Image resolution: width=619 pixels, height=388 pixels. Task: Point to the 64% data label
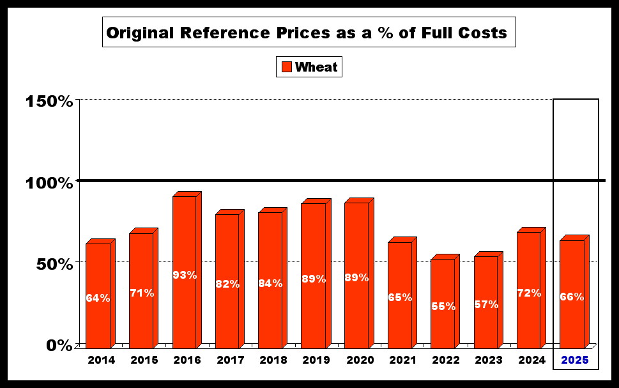coord(98,298)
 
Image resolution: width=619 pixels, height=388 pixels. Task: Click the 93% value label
coord(184,275)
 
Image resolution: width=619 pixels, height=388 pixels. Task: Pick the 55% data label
coord(443,306)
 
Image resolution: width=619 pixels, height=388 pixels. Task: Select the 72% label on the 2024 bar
coord(529,293)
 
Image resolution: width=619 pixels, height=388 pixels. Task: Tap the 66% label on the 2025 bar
coord(572,297)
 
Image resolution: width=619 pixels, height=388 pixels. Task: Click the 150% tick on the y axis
coord(49,101)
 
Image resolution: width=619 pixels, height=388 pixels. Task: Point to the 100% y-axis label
coord(49,183)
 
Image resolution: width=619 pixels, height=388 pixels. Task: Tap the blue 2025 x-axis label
coord(574,360)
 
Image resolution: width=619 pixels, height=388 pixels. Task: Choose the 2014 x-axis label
coord(101,360)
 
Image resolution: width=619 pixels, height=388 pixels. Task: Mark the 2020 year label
coord(360,360)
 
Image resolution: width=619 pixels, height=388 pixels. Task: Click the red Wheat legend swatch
coord(286,66)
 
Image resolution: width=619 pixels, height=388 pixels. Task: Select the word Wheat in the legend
coord(316,66)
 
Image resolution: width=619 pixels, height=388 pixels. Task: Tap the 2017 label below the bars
coord(230,360)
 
